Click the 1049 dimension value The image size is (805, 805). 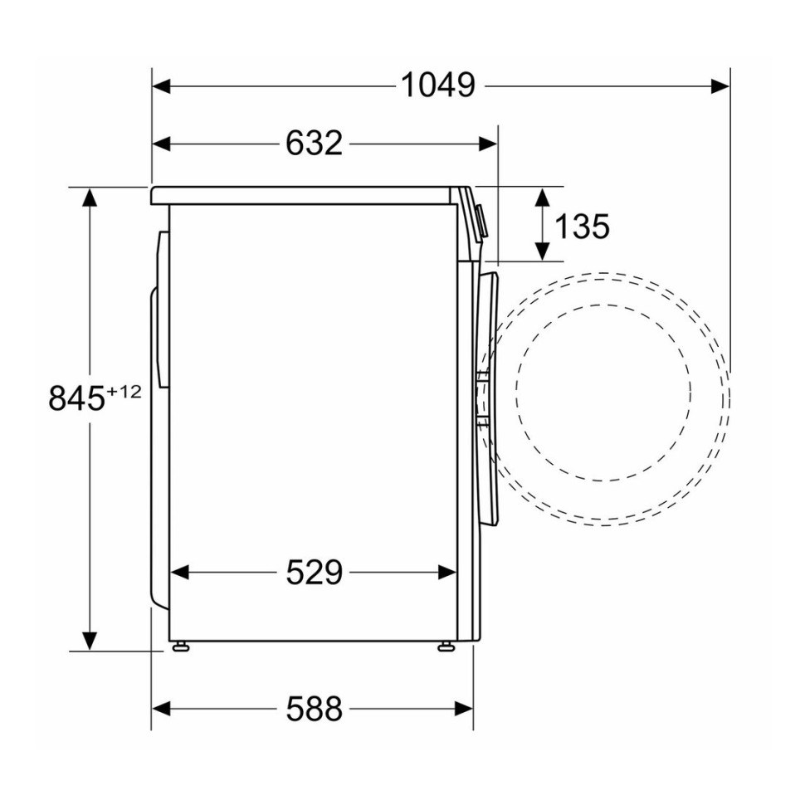[x=437, y=85]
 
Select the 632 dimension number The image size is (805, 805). [x=314, y=144]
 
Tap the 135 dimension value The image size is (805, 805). [x=581, y=225]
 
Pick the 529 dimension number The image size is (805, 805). [x=314, y=572]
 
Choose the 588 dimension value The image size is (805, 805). [x=314, y=709]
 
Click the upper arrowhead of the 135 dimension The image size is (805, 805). [x=542, y=197]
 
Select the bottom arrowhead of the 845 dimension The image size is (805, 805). [x=89, y=641]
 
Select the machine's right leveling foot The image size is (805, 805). [x=446, y=646]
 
